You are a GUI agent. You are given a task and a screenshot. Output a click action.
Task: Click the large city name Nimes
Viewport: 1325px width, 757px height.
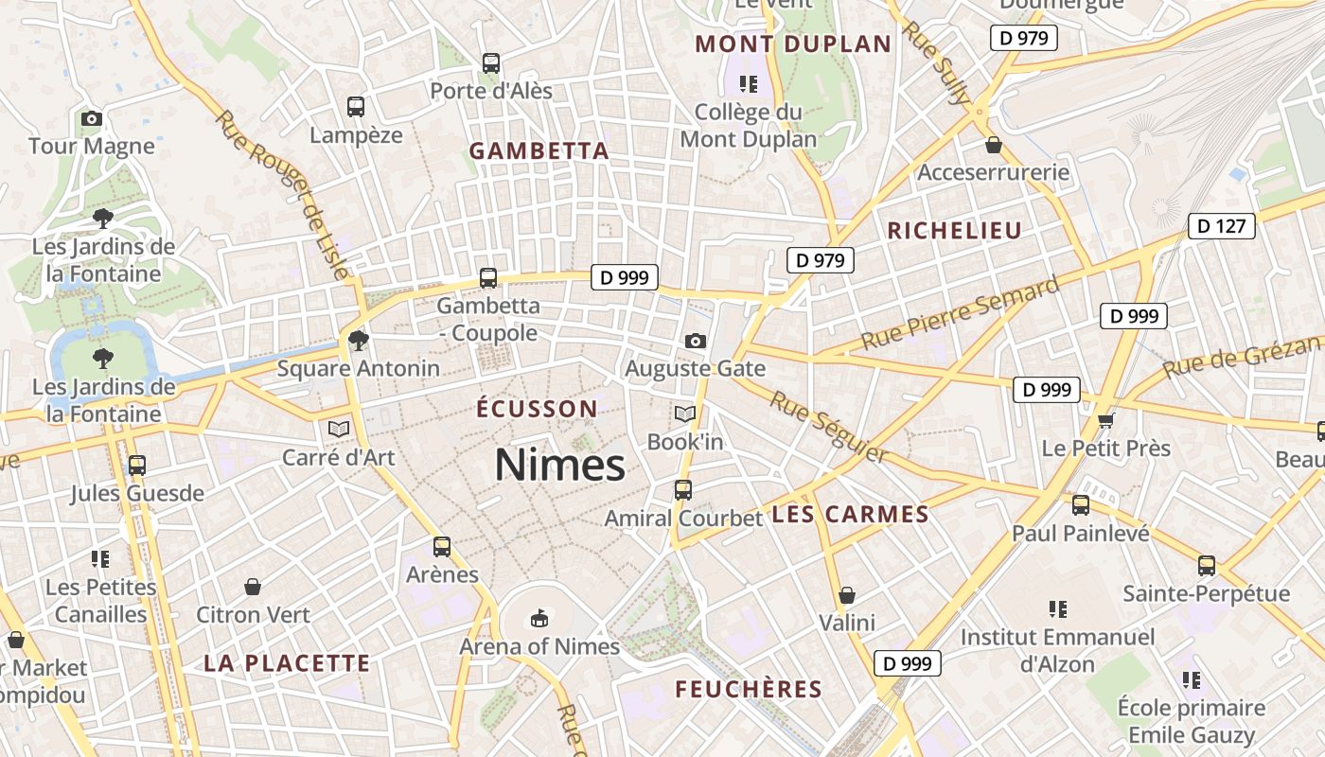559,465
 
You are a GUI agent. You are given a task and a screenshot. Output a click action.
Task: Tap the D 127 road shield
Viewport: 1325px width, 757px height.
1221,226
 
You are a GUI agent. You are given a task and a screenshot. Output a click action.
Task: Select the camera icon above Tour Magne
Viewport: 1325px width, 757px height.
92,118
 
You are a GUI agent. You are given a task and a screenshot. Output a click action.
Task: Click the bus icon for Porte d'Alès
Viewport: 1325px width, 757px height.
490,63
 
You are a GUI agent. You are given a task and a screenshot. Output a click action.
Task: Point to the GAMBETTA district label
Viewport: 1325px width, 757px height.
539,151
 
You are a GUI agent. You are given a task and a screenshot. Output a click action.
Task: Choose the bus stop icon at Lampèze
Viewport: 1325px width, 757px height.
356,107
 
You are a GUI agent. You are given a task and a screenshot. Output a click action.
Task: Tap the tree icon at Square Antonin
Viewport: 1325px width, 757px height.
358,341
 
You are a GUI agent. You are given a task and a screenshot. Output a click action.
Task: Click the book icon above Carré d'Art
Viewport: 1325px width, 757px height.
339,429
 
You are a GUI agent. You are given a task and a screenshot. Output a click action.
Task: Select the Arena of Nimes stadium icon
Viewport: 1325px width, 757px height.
539,619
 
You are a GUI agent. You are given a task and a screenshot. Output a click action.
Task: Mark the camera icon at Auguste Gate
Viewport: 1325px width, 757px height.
696,341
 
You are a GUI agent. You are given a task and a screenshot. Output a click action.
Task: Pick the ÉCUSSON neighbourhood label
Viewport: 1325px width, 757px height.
537,409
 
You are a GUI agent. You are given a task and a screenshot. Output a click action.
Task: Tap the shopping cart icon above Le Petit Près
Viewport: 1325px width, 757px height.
1105,419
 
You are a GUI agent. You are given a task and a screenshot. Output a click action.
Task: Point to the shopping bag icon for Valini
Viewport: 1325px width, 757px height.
847,595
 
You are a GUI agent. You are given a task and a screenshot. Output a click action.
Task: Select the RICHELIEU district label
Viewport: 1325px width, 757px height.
954,231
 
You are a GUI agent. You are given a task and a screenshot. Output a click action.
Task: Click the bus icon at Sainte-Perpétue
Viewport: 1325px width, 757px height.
1206,566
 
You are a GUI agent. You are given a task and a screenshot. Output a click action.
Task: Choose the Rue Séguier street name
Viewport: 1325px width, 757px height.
828,428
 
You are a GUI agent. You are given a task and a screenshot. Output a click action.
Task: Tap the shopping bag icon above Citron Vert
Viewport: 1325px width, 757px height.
253,588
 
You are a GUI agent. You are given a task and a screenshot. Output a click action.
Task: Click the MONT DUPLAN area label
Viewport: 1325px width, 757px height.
793,44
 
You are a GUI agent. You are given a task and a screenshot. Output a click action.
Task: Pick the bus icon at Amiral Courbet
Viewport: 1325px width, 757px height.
682,490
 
